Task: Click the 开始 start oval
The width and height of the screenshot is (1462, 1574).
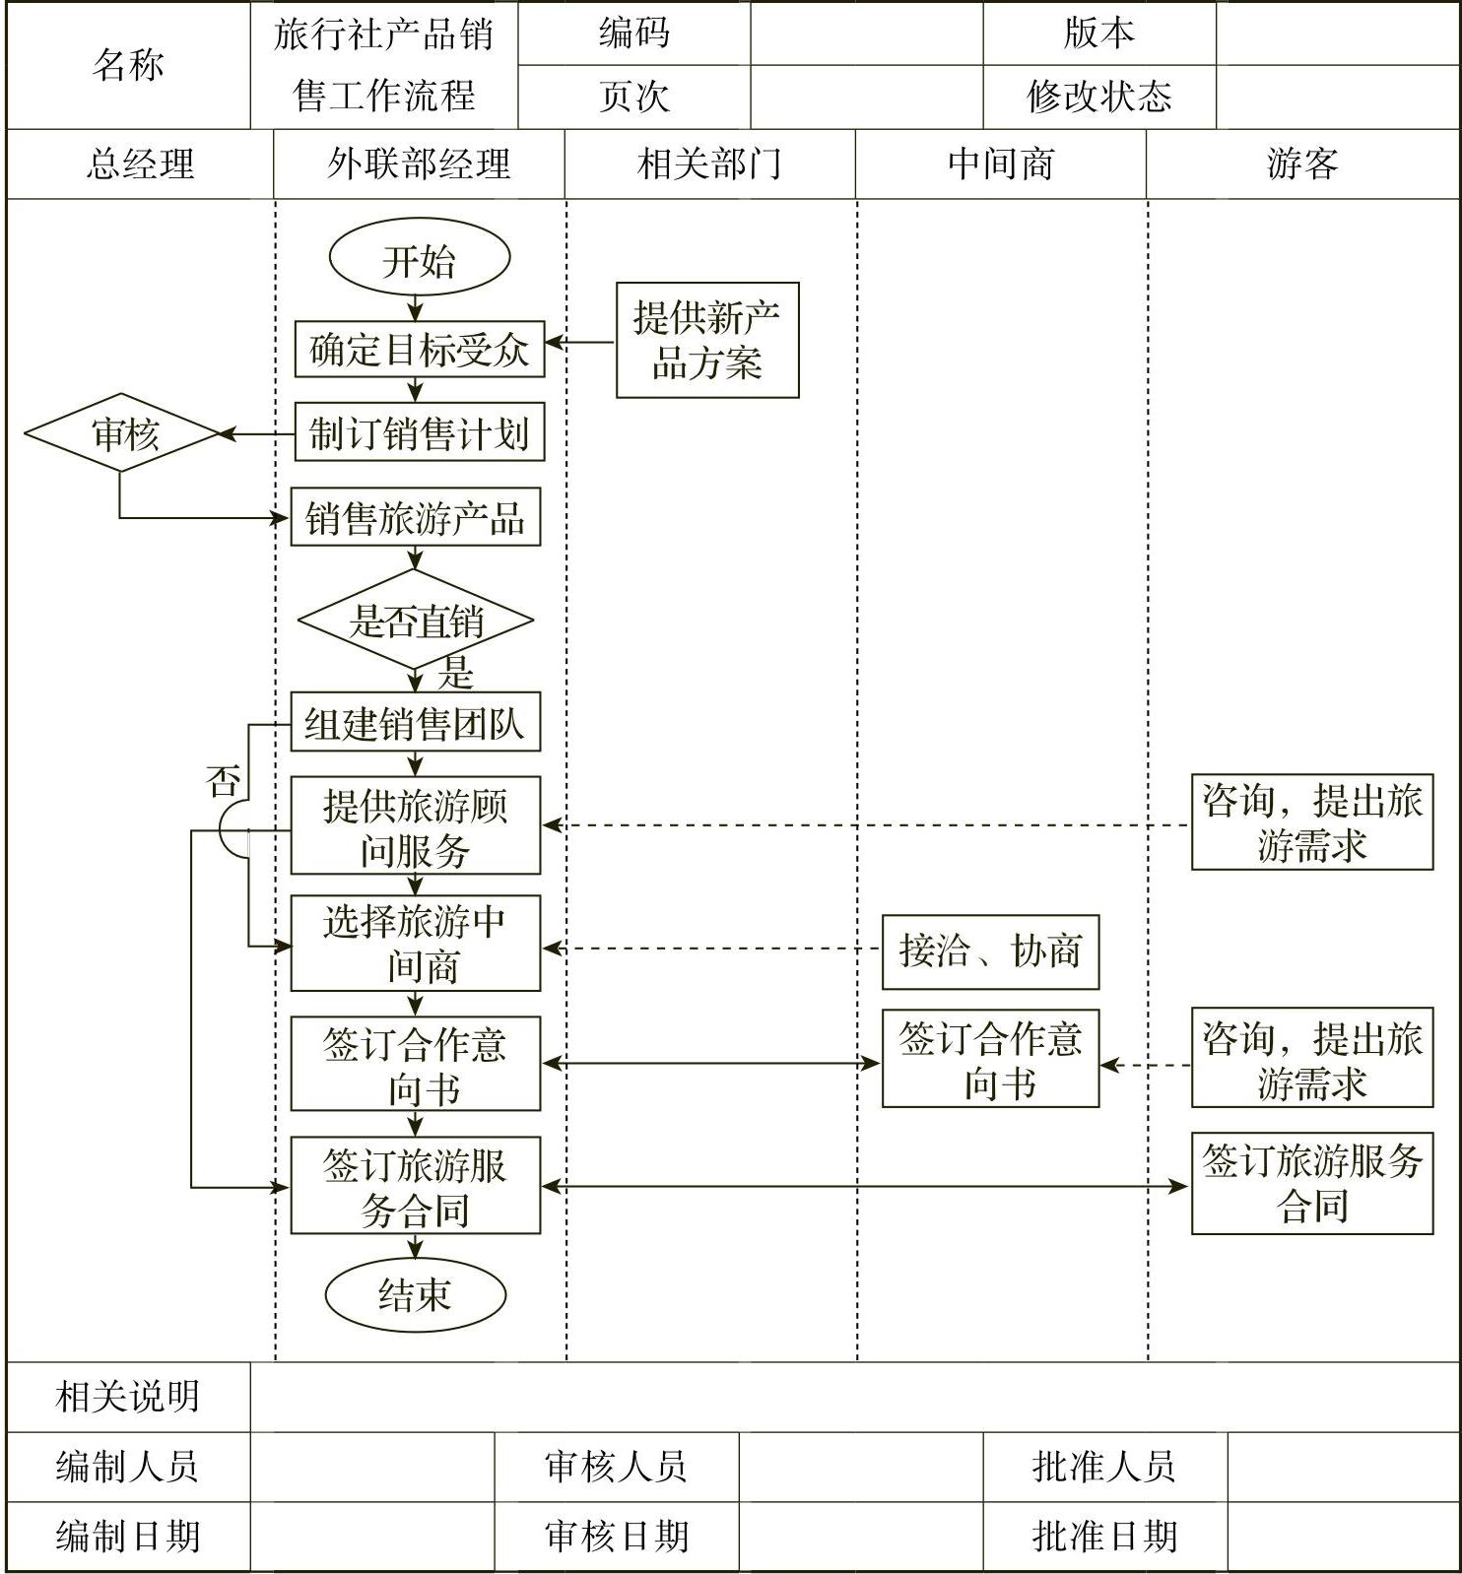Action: click(419, 259)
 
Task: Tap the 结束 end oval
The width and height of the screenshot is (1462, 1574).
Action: click(415, 1294)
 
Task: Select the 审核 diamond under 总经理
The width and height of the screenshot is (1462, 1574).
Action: click(121, 433)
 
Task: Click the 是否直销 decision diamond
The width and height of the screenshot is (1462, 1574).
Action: click(415, 621)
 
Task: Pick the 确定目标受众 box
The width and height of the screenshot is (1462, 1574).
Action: click(419, 349)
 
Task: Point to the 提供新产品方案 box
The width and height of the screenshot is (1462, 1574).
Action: click(706, 341)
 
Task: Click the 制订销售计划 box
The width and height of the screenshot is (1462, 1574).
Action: click(419, 433)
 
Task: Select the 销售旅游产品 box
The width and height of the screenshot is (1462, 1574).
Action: click(415, 517)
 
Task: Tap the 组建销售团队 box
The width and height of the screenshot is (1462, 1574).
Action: click(415, 723)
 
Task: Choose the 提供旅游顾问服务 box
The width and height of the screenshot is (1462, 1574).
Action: click(415, 826)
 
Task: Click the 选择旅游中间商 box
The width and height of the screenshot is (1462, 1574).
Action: click(415, 944)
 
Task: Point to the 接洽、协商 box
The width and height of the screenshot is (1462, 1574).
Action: click(990, 951)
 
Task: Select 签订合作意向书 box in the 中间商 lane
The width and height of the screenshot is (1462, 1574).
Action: click(990, 1060)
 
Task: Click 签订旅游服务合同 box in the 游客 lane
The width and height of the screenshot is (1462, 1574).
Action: click(1311, 1184)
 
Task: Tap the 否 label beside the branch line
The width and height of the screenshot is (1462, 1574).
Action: click(224, 782)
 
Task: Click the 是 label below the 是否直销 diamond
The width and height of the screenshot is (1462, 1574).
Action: click(456, 674)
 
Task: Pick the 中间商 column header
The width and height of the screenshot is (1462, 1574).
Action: click(1000, 164)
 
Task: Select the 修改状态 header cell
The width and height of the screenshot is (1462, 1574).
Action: click(1098, 97)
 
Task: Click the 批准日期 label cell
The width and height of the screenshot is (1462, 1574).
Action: click(1104, 1536)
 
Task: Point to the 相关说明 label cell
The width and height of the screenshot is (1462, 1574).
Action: click(128, 1396)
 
